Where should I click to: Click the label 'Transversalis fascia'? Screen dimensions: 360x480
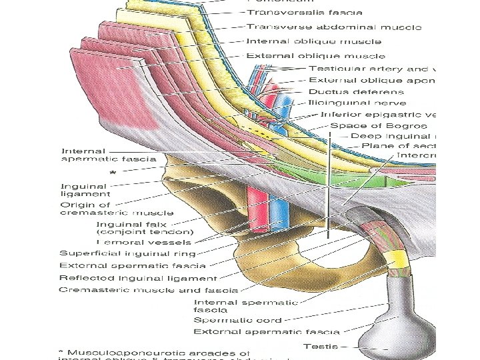[305, 12]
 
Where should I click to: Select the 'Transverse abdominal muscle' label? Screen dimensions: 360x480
[333, 27]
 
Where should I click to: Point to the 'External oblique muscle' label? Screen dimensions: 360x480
[315, 56]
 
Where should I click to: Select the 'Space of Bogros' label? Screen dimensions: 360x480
[378, 125]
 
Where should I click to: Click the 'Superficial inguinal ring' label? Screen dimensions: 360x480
[127, 253]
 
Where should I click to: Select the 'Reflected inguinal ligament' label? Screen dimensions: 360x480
[138, 278]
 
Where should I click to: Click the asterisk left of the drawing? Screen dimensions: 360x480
[112, 173]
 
